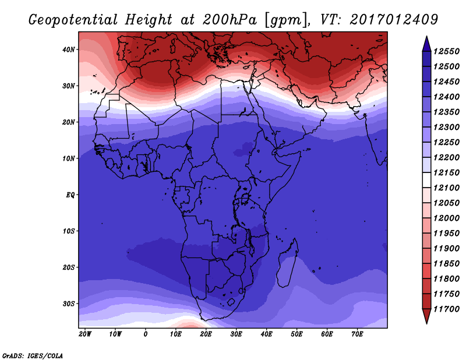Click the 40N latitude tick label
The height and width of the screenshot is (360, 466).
click(x=69, y=50)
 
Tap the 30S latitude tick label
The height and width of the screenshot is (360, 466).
click(x=69, y=303)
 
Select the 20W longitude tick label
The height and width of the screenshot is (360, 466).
click(x=84, y=334)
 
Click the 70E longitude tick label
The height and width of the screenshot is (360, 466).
click(x=357, y=334)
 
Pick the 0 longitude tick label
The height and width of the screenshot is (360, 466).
click(x=146, y=334)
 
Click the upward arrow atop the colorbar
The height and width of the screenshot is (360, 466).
click(x=426, y=43)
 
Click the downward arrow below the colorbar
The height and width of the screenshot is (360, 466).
click(x=426, y=316)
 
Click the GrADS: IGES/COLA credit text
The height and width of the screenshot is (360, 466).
click(x=33, y=355)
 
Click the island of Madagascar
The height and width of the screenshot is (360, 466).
click(x=288, y=263)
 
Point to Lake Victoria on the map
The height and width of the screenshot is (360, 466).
click(x=245, y=199)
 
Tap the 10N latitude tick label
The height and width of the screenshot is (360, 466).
click(x=69, y=158)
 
